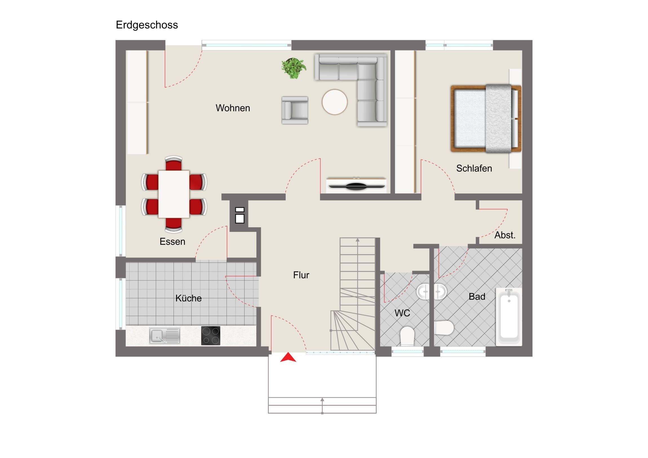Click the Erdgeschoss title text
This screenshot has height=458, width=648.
[147, 25]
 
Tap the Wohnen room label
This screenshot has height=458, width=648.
[233, 108]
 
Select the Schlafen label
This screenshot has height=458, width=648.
[474, 168]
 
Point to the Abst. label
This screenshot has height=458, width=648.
[505, 235]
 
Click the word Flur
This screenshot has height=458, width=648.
[301, 275]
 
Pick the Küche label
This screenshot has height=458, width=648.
[188, 298]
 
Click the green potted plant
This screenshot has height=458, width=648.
[294, 68]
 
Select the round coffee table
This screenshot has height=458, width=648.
[335, 102]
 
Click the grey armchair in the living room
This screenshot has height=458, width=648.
[295, 110]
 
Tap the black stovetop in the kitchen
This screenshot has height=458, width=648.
[210, 335]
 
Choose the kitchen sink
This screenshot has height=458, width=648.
[165, 336]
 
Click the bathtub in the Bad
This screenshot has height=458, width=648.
[509, 317]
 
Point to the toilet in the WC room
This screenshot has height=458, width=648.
[407, 336]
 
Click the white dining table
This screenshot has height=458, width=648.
[174, 194]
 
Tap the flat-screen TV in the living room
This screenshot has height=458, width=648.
[357, 186]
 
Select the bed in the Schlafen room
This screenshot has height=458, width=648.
[486, 119]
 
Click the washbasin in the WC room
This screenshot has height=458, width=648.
[423, 292]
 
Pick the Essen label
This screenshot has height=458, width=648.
[172, 242]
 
